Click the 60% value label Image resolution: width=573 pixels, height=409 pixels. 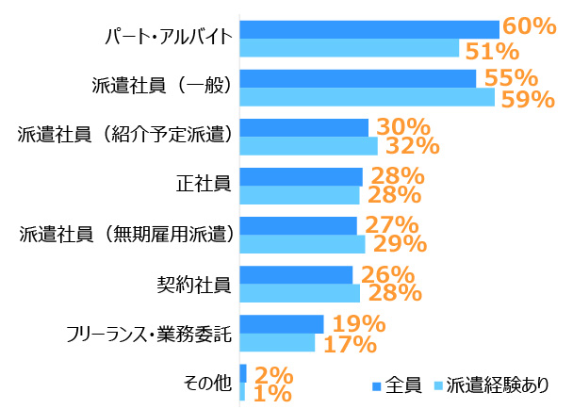click(530, 26)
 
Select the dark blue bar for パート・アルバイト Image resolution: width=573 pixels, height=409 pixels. click(369, 29)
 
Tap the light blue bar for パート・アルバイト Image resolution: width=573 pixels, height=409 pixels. click(350, 48)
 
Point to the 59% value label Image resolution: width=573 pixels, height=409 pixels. click(526, 98)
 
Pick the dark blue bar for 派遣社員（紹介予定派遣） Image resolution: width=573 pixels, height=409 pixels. click(304, 127)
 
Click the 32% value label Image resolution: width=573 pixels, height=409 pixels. click(408, 146)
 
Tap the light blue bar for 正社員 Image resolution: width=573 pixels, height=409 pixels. click(300, 195)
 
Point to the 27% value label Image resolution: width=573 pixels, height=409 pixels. click(391, 224)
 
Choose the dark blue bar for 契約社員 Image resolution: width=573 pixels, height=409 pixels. click(296, 274)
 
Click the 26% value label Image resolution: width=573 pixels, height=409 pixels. click(387, 274)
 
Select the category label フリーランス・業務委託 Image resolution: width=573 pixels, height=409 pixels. click(148, 332)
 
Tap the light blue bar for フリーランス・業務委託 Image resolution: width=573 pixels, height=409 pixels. click(277, 342)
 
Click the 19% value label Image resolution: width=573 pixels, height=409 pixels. click(357, 324)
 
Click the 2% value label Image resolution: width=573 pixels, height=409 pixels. click(273, 375)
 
